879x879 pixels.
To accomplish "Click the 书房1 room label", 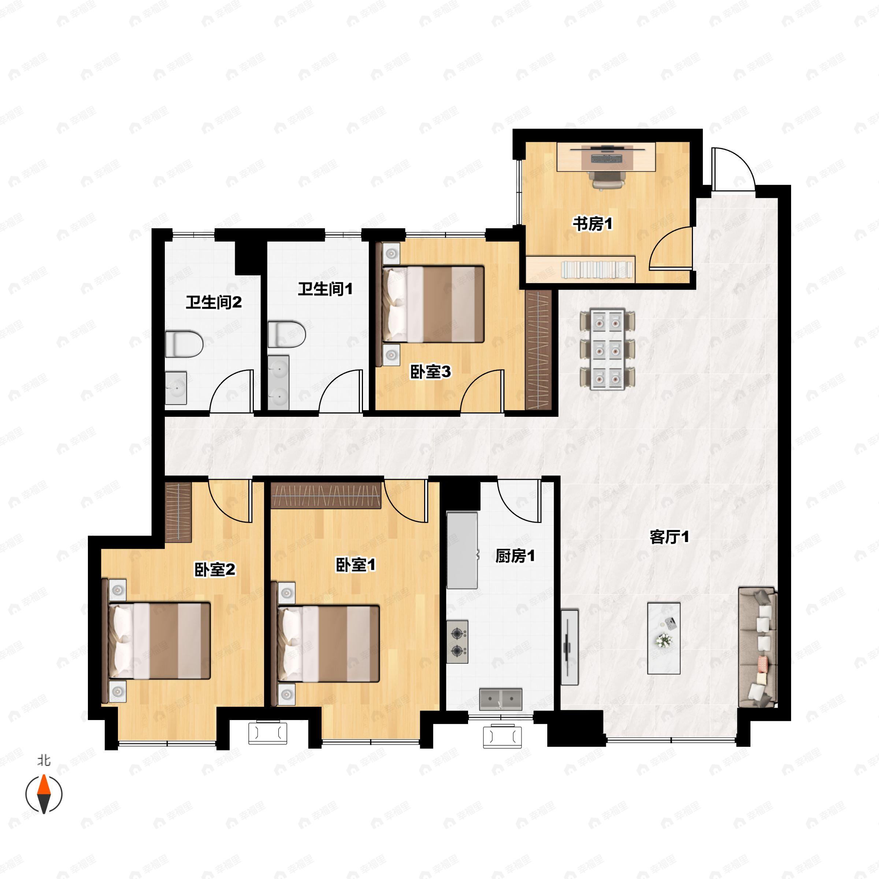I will [592, 224].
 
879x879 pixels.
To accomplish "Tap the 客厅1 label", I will [669, 537].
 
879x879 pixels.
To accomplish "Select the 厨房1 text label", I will [515, 556].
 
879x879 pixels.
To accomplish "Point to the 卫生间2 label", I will [214, 302].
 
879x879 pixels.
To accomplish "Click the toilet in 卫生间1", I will [287, 334].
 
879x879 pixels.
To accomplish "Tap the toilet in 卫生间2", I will [183, 344].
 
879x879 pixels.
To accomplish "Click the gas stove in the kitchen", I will [457, 642].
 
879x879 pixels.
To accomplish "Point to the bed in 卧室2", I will [160, 641].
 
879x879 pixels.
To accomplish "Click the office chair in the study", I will [607, 179].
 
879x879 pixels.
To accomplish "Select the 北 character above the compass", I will [44, 760].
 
